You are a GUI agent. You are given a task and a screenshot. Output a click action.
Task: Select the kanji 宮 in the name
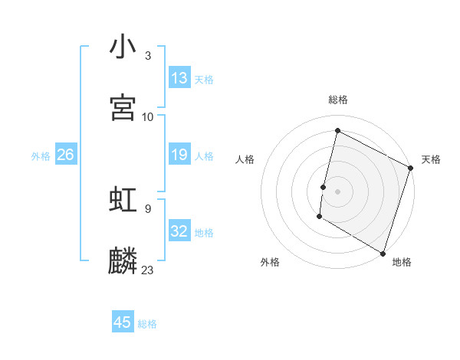[x=123, y=107]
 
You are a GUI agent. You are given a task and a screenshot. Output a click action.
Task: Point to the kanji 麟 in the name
[x=123, y=260]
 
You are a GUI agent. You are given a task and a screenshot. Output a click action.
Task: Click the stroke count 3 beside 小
[x=147, y=56]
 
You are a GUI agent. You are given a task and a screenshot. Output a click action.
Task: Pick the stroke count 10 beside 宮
[x=148, y=116]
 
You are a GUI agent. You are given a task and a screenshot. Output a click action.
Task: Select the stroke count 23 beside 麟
[x=148, y=270]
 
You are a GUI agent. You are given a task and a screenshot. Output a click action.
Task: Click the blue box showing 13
[x=179, y=78]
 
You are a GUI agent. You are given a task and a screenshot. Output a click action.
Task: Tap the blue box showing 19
[x=179, y=155]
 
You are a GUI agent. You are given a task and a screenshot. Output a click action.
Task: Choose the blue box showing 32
[x=179, y=231]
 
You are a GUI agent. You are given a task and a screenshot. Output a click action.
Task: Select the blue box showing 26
[x=66, y=155]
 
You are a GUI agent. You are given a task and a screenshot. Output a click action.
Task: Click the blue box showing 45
[x=123, y=322]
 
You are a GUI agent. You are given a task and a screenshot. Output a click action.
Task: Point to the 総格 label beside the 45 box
[x=147, y=324]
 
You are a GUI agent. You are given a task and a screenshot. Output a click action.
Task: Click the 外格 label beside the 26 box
[x=41, y=156]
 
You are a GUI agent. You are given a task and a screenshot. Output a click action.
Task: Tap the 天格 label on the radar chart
[x=431, y=159]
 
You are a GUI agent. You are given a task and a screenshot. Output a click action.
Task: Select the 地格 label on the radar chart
[x=402, y=262]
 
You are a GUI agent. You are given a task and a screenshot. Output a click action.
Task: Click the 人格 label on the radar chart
[x=245, y=159]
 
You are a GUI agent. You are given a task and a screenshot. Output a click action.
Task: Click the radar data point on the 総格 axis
[x=337, y=131]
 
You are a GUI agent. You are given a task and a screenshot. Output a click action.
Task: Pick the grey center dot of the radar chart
[x=337, y=191]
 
